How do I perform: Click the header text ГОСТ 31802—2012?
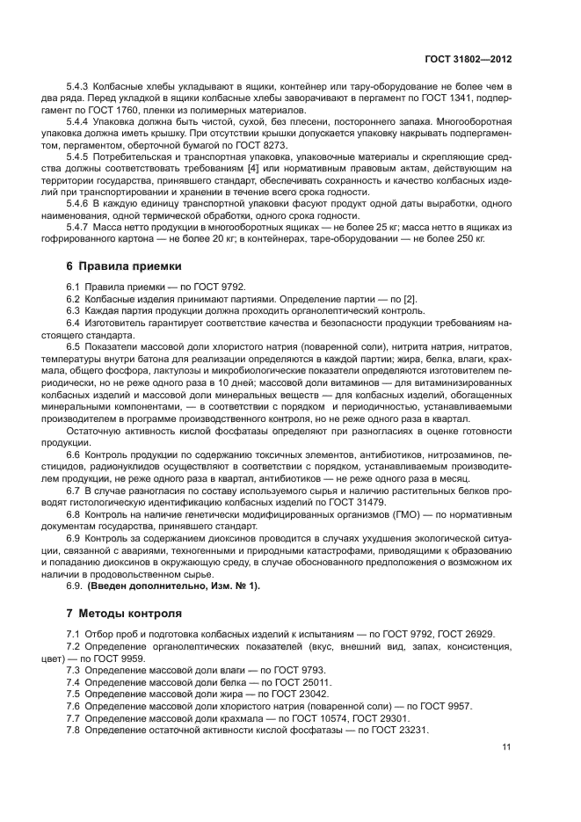467,60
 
